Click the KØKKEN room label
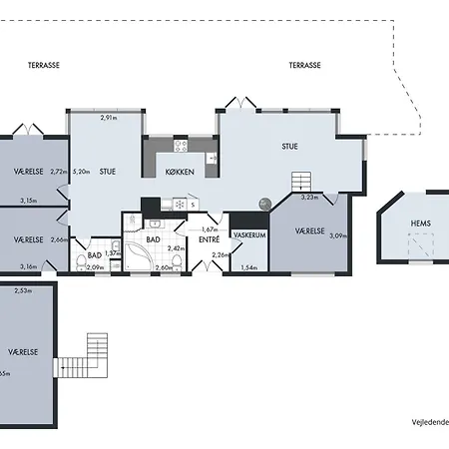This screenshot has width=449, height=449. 181,173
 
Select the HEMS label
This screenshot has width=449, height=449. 420,224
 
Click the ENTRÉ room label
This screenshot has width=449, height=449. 209,239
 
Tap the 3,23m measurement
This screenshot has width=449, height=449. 309,198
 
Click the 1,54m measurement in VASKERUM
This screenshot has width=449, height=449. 250,268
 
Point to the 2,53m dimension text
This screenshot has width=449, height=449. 23,290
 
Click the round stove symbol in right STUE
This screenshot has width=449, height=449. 264,202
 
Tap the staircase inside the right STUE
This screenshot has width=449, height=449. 301,181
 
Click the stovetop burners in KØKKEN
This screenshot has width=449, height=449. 180,146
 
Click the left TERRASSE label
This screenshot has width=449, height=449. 44,65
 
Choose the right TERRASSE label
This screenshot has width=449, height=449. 304,65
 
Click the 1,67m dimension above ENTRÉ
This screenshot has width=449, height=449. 210,229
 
